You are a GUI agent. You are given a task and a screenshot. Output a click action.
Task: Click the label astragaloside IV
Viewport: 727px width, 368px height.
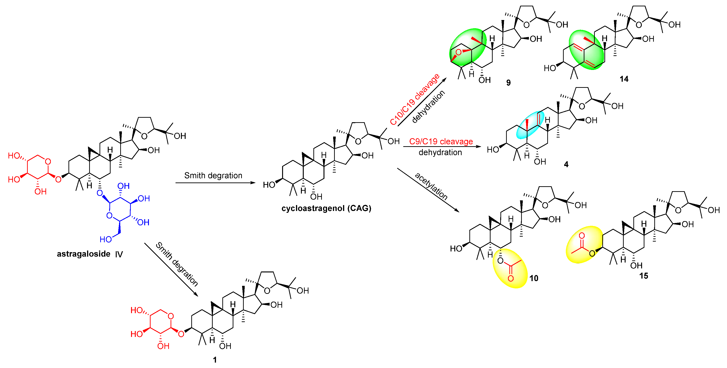pyautogui.click(x=90, y=254)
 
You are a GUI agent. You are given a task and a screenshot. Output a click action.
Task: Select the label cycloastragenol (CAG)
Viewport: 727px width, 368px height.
pyautogui.click(x=326, y=208)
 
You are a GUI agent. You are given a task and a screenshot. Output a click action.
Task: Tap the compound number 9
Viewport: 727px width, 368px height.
pyautogui.click(x=508, y=83)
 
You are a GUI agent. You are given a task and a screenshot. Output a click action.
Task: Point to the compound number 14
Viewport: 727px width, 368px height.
pyautogui.click(x=624, y=79)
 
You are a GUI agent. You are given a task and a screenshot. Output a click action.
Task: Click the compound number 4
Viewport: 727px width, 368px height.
pyautogui.click(x=566, y=165)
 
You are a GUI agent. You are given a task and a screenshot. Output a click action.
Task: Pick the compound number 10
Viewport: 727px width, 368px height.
pyautogui.click(x=534, y=279)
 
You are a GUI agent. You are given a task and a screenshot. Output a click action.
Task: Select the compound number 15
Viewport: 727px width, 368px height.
pyautogui.click(x=644, y=276)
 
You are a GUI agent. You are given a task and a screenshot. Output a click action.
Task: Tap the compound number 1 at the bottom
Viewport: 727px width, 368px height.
pyautogui.click(x=215, y=360)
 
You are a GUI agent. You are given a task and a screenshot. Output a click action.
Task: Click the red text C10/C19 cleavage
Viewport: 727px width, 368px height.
pyautogui.click(x=415, y=99)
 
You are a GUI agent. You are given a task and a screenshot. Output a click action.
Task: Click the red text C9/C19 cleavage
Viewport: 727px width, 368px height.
pyautogui.click(x=441, y=142)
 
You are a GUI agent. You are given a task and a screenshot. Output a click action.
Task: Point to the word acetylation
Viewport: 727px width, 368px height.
pyautogui.click(x=431, y=186)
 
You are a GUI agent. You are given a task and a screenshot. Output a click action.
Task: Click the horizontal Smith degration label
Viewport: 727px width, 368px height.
pyautogui.click(x=213, y=176)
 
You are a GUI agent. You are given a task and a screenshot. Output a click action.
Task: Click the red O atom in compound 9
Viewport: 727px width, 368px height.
pyautogui.click(x=459, y=52)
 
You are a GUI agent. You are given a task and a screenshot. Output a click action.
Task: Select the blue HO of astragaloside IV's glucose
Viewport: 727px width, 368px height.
pyautogui.click(x=106, y=240)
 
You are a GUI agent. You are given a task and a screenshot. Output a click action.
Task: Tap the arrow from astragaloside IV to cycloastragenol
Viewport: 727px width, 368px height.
pyautogui.click(x=215, y=183)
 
